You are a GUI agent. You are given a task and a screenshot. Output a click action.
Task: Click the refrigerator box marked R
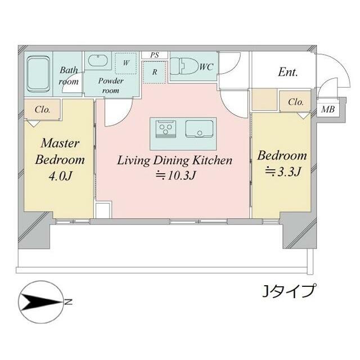click(x=154, y=72)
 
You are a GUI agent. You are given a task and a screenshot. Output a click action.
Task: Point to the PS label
click(x=155, y=55)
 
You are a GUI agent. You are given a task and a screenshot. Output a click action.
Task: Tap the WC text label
click(x=206, y=67)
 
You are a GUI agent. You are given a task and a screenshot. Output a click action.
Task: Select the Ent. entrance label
click(x=287, y=72)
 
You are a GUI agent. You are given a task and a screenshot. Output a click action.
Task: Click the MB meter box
click(x=327, y=109)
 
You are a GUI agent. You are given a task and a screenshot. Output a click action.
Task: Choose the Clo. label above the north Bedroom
click(x=296, y=102)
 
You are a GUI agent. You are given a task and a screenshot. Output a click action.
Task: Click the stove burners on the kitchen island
click(x=166, y=129)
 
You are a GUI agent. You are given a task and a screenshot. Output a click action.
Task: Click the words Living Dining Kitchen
click(x=174, y=160)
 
